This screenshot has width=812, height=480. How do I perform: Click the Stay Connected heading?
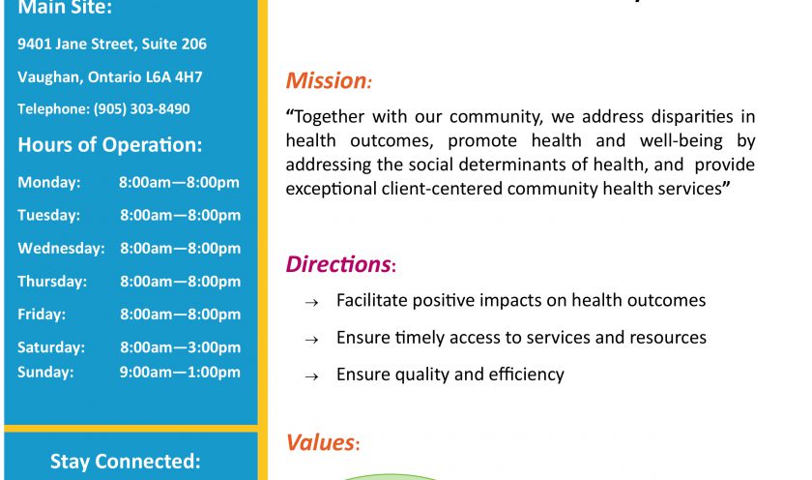pyautogui.click(x=126, y=462)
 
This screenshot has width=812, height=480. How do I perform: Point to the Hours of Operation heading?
pyautogui.click(x=110, y=144)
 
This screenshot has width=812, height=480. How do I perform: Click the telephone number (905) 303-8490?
pyautogui.click(x=141, y=108)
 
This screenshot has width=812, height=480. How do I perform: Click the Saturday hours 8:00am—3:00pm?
pyautogui.click(x=180, y=347)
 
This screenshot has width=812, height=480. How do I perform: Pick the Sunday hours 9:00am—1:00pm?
pyautogui.click(x=180, y=373)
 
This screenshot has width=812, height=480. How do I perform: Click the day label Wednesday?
pyautogui.click(x=61, y=249)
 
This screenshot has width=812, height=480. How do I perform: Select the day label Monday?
pyautogui.click(x=49, y=183)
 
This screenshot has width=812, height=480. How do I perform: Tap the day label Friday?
pyautogui.click(x=42, y=315)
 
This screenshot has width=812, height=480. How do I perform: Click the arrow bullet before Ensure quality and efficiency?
pyautogui.click(x=311, y=376)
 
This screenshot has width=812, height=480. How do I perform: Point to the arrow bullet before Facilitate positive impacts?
pyautogui.click(x=311, y=303)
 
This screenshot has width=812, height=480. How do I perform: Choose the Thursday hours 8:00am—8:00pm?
pyautogui.click(x=180, y=282)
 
